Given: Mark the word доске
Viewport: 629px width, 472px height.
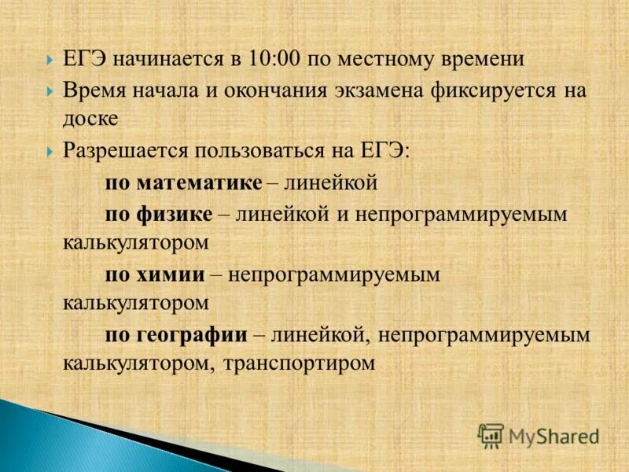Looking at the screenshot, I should (90, 120).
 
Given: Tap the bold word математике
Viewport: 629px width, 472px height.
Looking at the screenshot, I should (199, 183).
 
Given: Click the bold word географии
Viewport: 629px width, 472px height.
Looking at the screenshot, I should (193, 334).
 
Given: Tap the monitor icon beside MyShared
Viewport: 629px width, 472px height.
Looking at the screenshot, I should (491, 436).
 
